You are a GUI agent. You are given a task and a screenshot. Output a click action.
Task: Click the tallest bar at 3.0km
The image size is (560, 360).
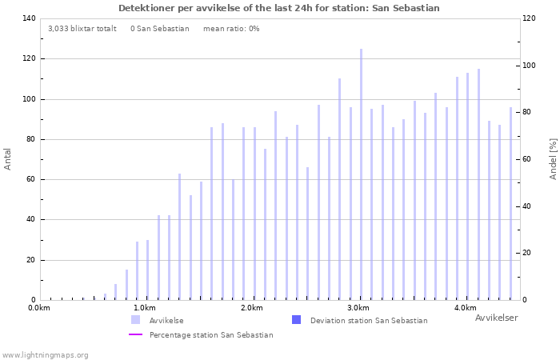coord(361,174)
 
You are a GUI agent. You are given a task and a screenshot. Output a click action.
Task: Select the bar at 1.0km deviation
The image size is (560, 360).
coord(147,270)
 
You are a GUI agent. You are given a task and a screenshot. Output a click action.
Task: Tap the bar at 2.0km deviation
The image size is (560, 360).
coord(254,214)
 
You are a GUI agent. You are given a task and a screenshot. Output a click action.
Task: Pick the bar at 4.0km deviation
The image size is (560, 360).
coord(467,186)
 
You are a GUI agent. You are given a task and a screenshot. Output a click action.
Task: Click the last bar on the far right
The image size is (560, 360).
coord(510,203)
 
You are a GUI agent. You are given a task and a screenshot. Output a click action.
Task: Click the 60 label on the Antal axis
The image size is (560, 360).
coord(30,179)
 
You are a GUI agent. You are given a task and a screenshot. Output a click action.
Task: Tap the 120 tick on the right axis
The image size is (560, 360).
coord(529,18)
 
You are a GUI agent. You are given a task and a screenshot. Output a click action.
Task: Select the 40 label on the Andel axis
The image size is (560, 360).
coord(526,206)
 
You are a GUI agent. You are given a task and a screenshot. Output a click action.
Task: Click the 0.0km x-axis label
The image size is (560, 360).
coord(39,308)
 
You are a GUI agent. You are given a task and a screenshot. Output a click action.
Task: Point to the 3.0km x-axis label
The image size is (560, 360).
coord(359,308)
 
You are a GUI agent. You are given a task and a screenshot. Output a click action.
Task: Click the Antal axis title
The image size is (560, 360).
coord(7,159)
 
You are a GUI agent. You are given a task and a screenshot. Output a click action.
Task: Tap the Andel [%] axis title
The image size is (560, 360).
coord(554,159)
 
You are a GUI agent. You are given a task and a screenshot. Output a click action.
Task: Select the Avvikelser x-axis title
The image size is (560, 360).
coord(497,318)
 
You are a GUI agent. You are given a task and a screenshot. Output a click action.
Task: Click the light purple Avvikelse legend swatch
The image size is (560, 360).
coord(136,320)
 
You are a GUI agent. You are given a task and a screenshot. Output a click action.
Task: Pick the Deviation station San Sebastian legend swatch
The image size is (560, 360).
coord(297,320)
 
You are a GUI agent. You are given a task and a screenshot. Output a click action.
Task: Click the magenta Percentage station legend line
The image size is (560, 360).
coord(136,334)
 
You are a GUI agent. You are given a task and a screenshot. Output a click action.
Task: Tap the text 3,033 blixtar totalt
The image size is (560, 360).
coord(82,29)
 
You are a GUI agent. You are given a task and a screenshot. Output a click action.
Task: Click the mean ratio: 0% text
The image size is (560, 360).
coord(231,29)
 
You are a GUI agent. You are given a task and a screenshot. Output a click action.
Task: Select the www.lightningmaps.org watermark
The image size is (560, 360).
coord(45,355)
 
